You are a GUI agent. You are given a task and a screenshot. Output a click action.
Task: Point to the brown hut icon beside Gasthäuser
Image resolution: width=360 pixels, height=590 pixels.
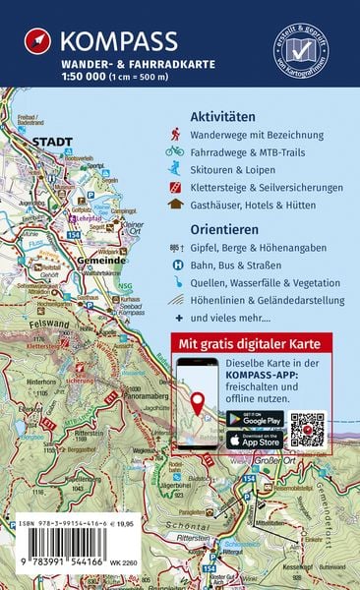[174, 205]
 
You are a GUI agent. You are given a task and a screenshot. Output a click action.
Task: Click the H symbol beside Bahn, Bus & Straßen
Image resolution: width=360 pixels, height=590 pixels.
[174, 265]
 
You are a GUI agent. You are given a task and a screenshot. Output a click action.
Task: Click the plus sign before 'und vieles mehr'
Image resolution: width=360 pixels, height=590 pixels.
[174, 319]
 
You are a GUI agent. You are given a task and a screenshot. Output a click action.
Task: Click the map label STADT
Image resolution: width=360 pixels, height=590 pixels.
[53, 142]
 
